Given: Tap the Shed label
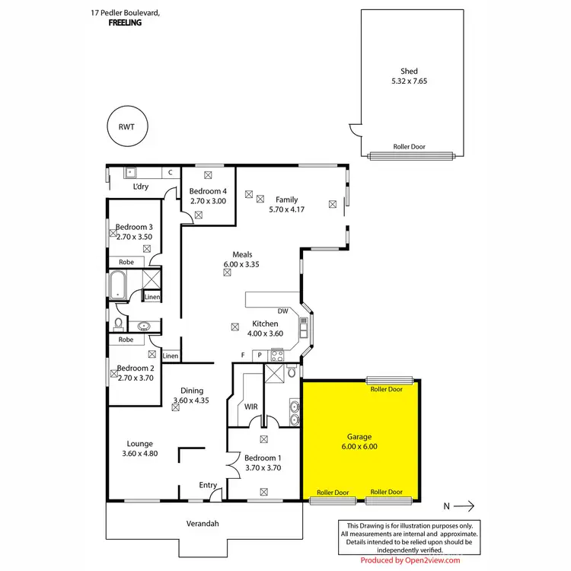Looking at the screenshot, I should coord(409,72).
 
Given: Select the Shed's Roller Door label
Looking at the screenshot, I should coord(408,146).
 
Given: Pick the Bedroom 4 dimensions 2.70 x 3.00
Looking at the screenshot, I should coord(209,201).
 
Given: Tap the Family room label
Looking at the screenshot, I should coord(287,200).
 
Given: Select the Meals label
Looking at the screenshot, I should coord(242,255).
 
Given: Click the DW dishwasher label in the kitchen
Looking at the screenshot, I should coord(282,311).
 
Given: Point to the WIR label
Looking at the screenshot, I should coord(252,407).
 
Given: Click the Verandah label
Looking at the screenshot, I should coord(203,524).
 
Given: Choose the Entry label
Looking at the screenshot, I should coord(208,485).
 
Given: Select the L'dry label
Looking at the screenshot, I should coord(140,187).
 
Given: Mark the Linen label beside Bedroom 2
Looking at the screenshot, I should coord(171,356).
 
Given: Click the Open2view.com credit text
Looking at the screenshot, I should coord(410,560).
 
